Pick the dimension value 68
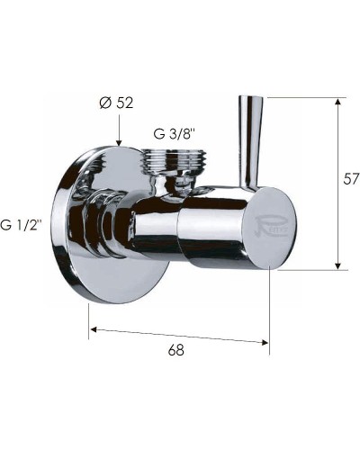pyautogui.click(x=175, y=351)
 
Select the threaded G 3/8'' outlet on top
pyautogui.click(x=176, y=164)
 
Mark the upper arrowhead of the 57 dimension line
pyautogui.click(x=338, y=102)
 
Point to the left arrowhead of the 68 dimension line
pyautogui.click(x=94, y=329)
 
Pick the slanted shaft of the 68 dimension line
pyautogui.click(x=180, y=336)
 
